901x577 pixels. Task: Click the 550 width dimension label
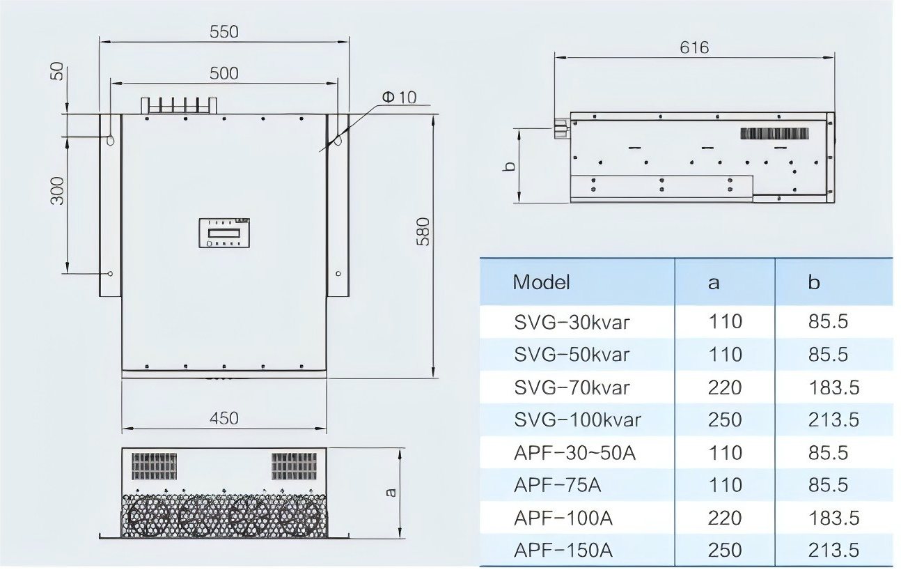tap(224, 31)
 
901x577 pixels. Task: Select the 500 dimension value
tap(224, 73)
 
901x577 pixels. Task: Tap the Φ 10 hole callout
tap(398, 97)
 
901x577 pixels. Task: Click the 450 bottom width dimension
tap(224, 417)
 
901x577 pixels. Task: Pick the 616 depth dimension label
tap(694, 47)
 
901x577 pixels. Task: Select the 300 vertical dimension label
tap(57, 190)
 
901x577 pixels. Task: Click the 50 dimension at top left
tap(57, 71)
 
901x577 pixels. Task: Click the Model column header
tap(541, 282)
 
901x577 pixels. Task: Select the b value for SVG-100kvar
tap(833, 420)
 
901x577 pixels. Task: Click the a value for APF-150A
tap(724, 550)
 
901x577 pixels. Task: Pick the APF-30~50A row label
tap(574, 453)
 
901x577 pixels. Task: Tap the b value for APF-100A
tap(833, 518)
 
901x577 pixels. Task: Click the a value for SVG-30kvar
tap(724, 321)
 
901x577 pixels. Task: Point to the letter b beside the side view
tap(509, 167)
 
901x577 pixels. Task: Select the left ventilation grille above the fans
tap(154, 466)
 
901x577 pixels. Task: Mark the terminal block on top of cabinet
tap(180, 105)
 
